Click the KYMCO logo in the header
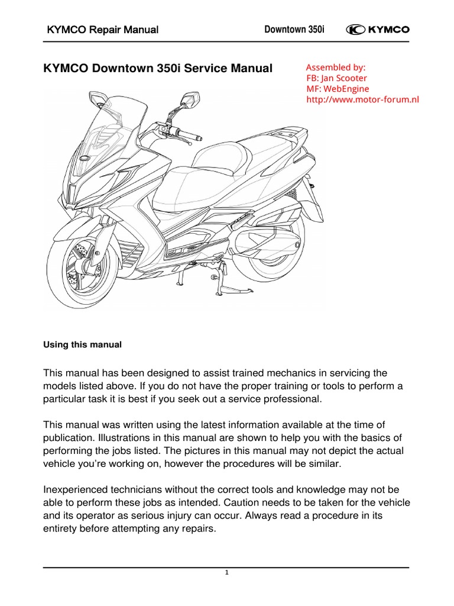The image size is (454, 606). click(381, 30)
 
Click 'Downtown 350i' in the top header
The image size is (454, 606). click(290, 30)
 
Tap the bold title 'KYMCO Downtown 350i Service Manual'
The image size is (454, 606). click(158, 69)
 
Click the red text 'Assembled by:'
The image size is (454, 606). click(336, 67)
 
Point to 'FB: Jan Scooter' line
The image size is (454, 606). click(337, 78)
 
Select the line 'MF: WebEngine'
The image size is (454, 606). click(338, 89)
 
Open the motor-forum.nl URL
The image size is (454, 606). click(362, 99)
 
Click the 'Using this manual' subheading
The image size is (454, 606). click(83, 344)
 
